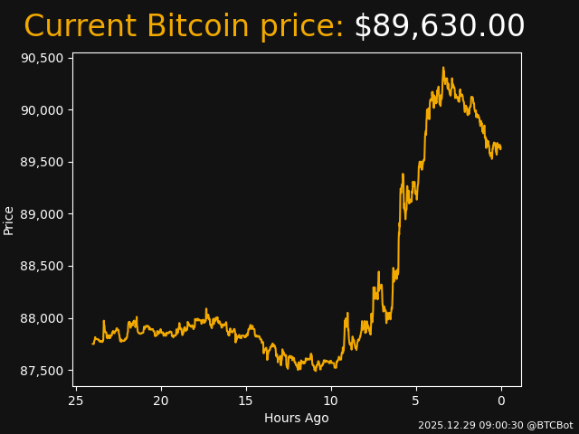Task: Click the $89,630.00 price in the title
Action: (x=439, y=27)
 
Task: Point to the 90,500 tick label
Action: (x=43, y=58)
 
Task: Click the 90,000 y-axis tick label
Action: (x=43, y=110)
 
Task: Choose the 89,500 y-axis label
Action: (x=43, y=162)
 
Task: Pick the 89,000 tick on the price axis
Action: (x=43, y=214)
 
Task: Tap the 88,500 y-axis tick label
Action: (x=43, y=267)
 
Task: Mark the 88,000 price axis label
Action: (x=43, y=318)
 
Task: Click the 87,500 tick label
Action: (x=43, y=371)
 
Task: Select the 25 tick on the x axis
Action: (x=76, y=401)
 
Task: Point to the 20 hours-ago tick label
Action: (x=161, y=401)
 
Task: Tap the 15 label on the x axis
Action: (x=246, y=401)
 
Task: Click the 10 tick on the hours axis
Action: (x=331, y=401)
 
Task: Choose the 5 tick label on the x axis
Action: (x=416, y=401)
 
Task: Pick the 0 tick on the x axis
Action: (x=501, y=401)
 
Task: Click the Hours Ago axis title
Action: (x=296, y=418)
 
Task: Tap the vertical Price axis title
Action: (x=9, y=220)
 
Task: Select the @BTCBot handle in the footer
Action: (x=550, y=425)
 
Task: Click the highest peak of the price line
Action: (x=443, y=68)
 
